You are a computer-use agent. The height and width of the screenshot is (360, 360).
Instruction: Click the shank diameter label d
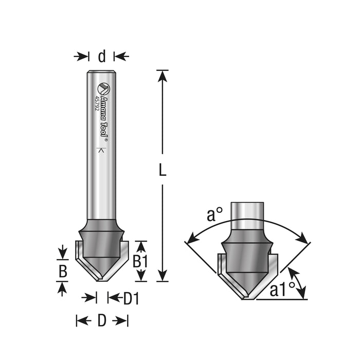coord(102,57)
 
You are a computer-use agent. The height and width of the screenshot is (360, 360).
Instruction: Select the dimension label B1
coord(140,261)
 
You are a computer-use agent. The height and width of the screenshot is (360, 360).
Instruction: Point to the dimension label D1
coord(131,299)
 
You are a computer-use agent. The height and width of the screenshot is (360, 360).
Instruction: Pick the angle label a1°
coord(282,290)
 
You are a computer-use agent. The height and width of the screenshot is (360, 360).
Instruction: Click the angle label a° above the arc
coord(214,214)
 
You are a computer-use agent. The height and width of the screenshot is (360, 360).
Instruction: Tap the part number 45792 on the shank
coord(97,103)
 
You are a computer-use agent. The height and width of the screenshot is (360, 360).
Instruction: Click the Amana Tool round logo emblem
coord(104,89)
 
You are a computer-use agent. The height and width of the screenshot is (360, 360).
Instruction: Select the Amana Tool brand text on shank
coord(104,116)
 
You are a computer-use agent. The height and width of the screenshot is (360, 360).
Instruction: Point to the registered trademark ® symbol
coord(106,139)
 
